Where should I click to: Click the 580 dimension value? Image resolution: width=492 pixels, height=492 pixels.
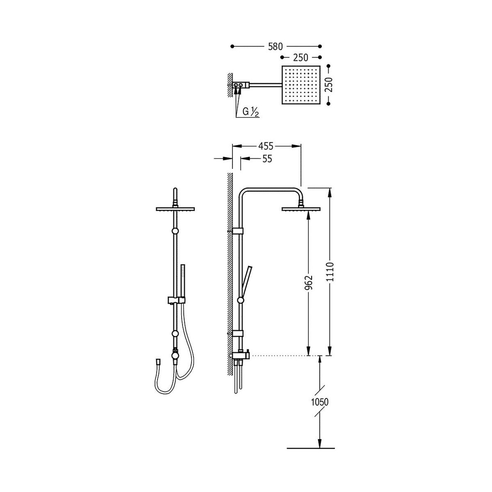(275, 46)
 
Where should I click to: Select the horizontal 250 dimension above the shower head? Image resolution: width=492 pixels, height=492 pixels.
(301, 58)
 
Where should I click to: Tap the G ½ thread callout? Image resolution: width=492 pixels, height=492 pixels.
(248, 112)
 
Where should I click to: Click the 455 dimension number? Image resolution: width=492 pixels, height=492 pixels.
(266, 146)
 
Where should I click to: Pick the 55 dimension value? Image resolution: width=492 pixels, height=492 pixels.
(267, 159)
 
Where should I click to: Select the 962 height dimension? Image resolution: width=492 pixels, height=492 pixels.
(309, 282)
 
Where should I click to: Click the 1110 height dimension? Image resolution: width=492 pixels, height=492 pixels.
(330, 272)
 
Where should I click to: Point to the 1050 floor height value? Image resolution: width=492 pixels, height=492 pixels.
(320, 402)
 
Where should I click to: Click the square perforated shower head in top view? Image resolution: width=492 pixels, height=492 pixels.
(301, 85)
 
